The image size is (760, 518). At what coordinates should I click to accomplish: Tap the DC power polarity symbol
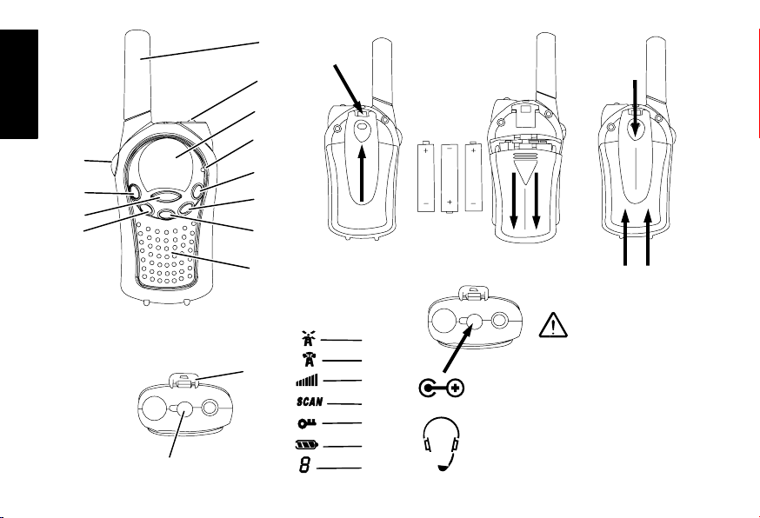[440, 388]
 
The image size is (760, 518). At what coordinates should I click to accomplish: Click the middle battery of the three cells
[450, 178]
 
